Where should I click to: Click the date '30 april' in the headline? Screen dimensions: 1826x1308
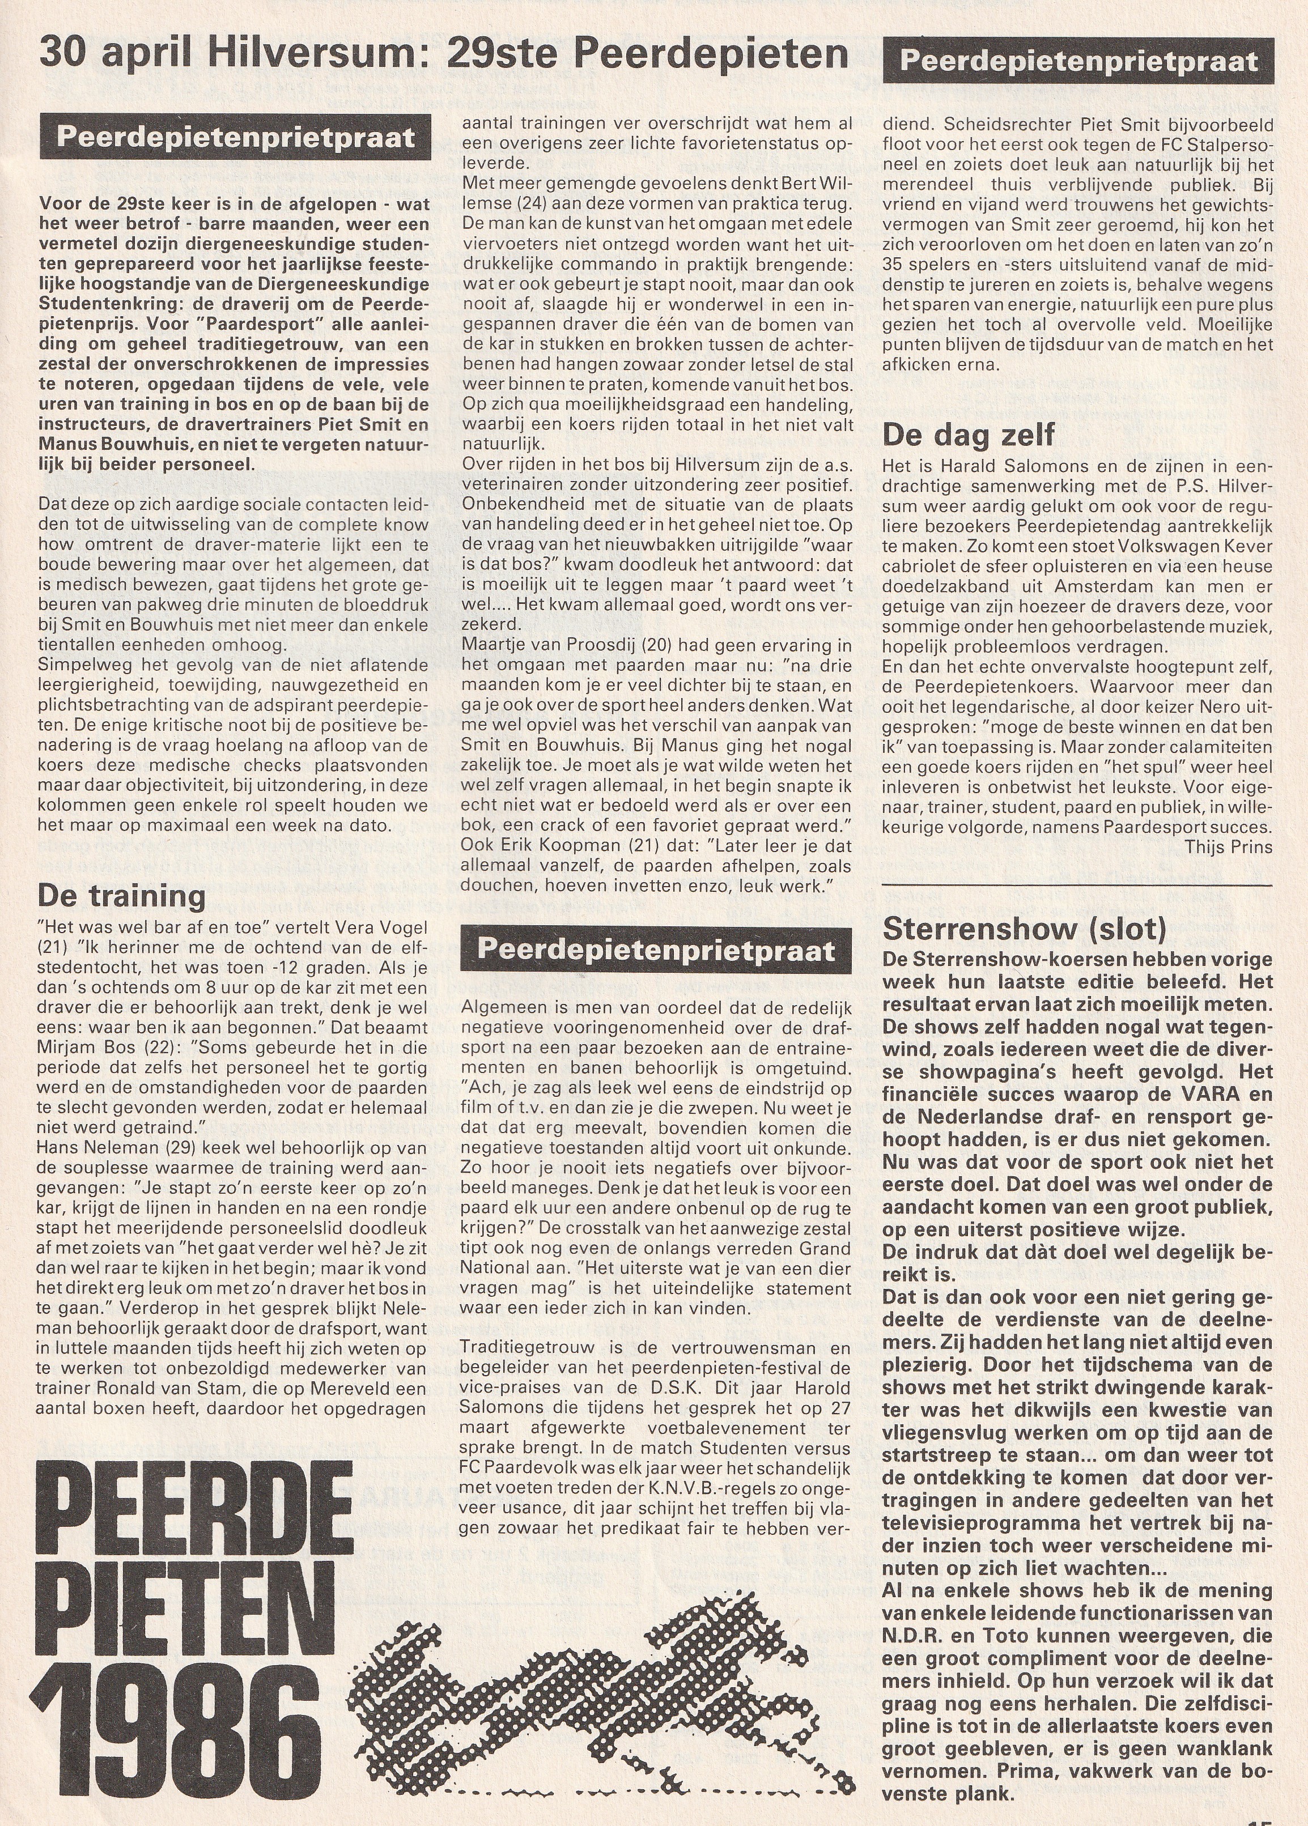point(116,56)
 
